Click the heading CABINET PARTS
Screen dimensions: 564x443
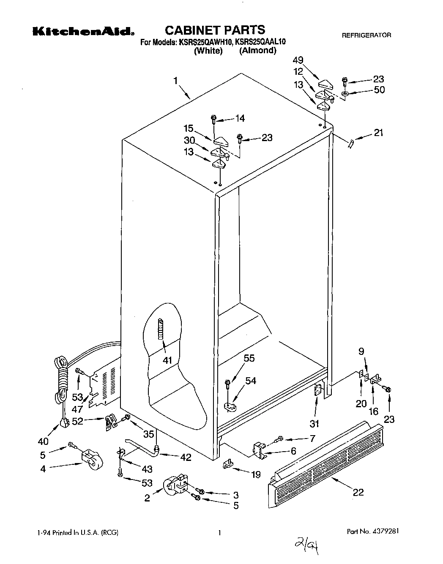[214, 30]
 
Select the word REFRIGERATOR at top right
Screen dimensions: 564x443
[366, 35]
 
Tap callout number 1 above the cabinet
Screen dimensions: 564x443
[175, 80]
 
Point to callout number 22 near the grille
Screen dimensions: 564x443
[358, 492]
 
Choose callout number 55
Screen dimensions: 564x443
[249, 358]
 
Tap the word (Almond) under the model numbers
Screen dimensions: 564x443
[257, 51]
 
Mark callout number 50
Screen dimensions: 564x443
[379, 90]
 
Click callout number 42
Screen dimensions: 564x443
[185, 457]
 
